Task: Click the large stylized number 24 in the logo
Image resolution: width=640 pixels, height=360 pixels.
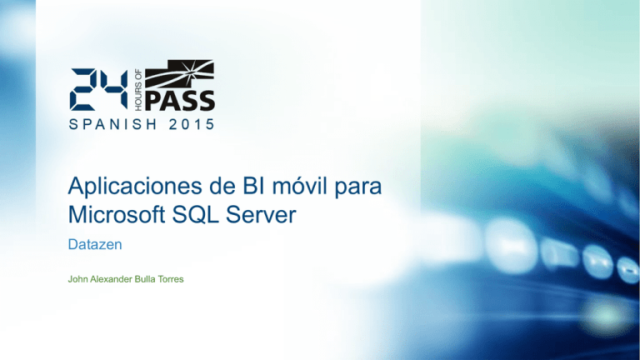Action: (x=99, y=89)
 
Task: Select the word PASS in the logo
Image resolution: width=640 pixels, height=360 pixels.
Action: (x=180, y=100)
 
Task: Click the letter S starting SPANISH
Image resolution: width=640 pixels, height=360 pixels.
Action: (x=72, y=126)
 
